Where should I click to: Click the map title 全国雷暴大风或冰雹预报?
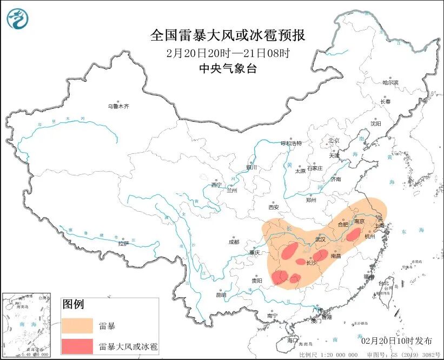[228, 36]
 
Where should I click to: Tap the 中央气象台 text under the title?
[228, 68]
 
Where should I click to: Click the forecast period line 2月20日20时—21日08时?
[228, 53]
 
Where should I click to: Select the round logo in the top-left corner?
[17, 19]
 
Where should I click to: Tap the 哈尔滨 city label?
[390, 83]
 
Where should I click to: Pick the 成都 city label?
[234, 243]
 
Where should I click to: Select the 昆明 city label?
[221, 295]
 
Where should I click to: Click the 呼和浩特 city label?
[290, 143]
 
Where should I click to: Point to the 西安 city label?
[274, 207]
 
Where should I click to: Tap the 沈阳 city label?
[376, 123]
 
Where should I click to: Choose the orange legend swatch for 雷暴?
[77, 326]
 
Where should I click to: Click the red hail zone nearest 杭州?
[354, 234]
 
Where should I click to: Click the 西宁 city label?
[216, 185]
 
